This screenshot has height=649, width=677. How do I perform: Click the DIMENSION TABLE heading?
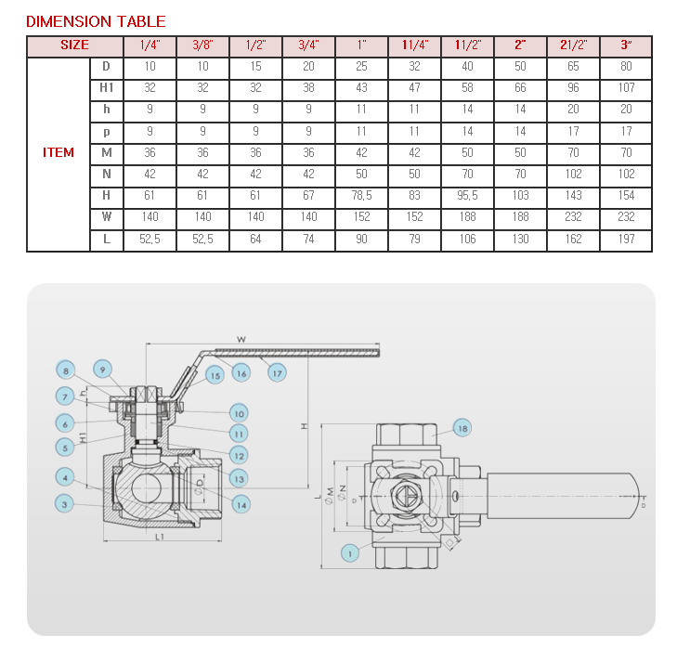(96, 21)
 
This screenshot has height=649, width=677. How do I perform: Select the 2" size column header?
(520, 45)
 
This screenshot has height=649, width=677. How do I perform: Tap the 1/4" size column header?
(150, 45)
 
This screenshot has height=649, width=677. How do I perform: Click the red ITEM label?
(59, 152)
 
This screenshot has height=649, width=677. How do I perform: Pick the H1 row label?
(107, 87)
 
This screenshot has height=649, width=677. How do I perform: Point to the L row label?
(107, 239)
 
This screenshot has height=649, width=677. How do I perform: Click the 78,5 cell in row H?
(361, 196)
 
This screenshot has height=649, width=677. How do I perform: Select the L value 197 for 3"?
(626, 239)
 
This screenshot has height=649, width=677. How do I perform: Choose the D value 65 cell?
(573, 67)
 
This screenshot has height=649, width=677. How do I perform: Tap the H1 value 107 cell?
(626, 87)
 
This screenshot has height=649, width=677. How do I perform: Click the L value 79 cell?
(414, 239)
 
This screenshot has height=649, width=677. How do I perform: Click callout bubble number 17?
(277, 373)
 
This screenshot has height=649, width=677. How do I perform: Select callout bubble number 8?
(66, 370)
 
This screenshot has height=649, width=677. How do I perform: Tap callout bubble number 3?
(64, 504)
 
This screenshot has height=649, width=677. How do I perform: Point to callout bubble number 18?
(462, 428)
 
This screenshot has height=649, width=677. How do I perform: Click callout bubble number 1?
(350, 553)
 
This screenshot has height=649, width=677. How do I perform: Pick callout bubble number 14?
(241, 505)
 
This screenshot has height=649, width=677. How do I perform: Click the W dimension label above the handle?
(241, 340)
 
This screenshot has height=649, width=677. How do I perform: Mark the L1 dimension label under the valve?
(160, 537)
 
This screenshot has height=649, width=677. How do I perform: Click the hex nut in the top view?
(406, 496)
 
